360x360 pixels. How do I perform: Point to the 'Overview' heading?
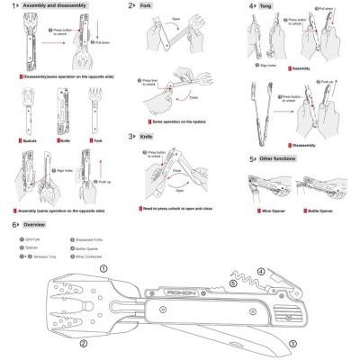point(35,223)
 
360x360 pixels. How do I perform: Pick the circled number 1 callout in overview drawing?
point(103,268)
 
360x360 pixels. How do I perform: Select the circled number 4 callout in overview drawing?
point(261,271)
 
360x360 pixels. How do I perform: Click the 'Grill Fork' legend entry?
point(35,238)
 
